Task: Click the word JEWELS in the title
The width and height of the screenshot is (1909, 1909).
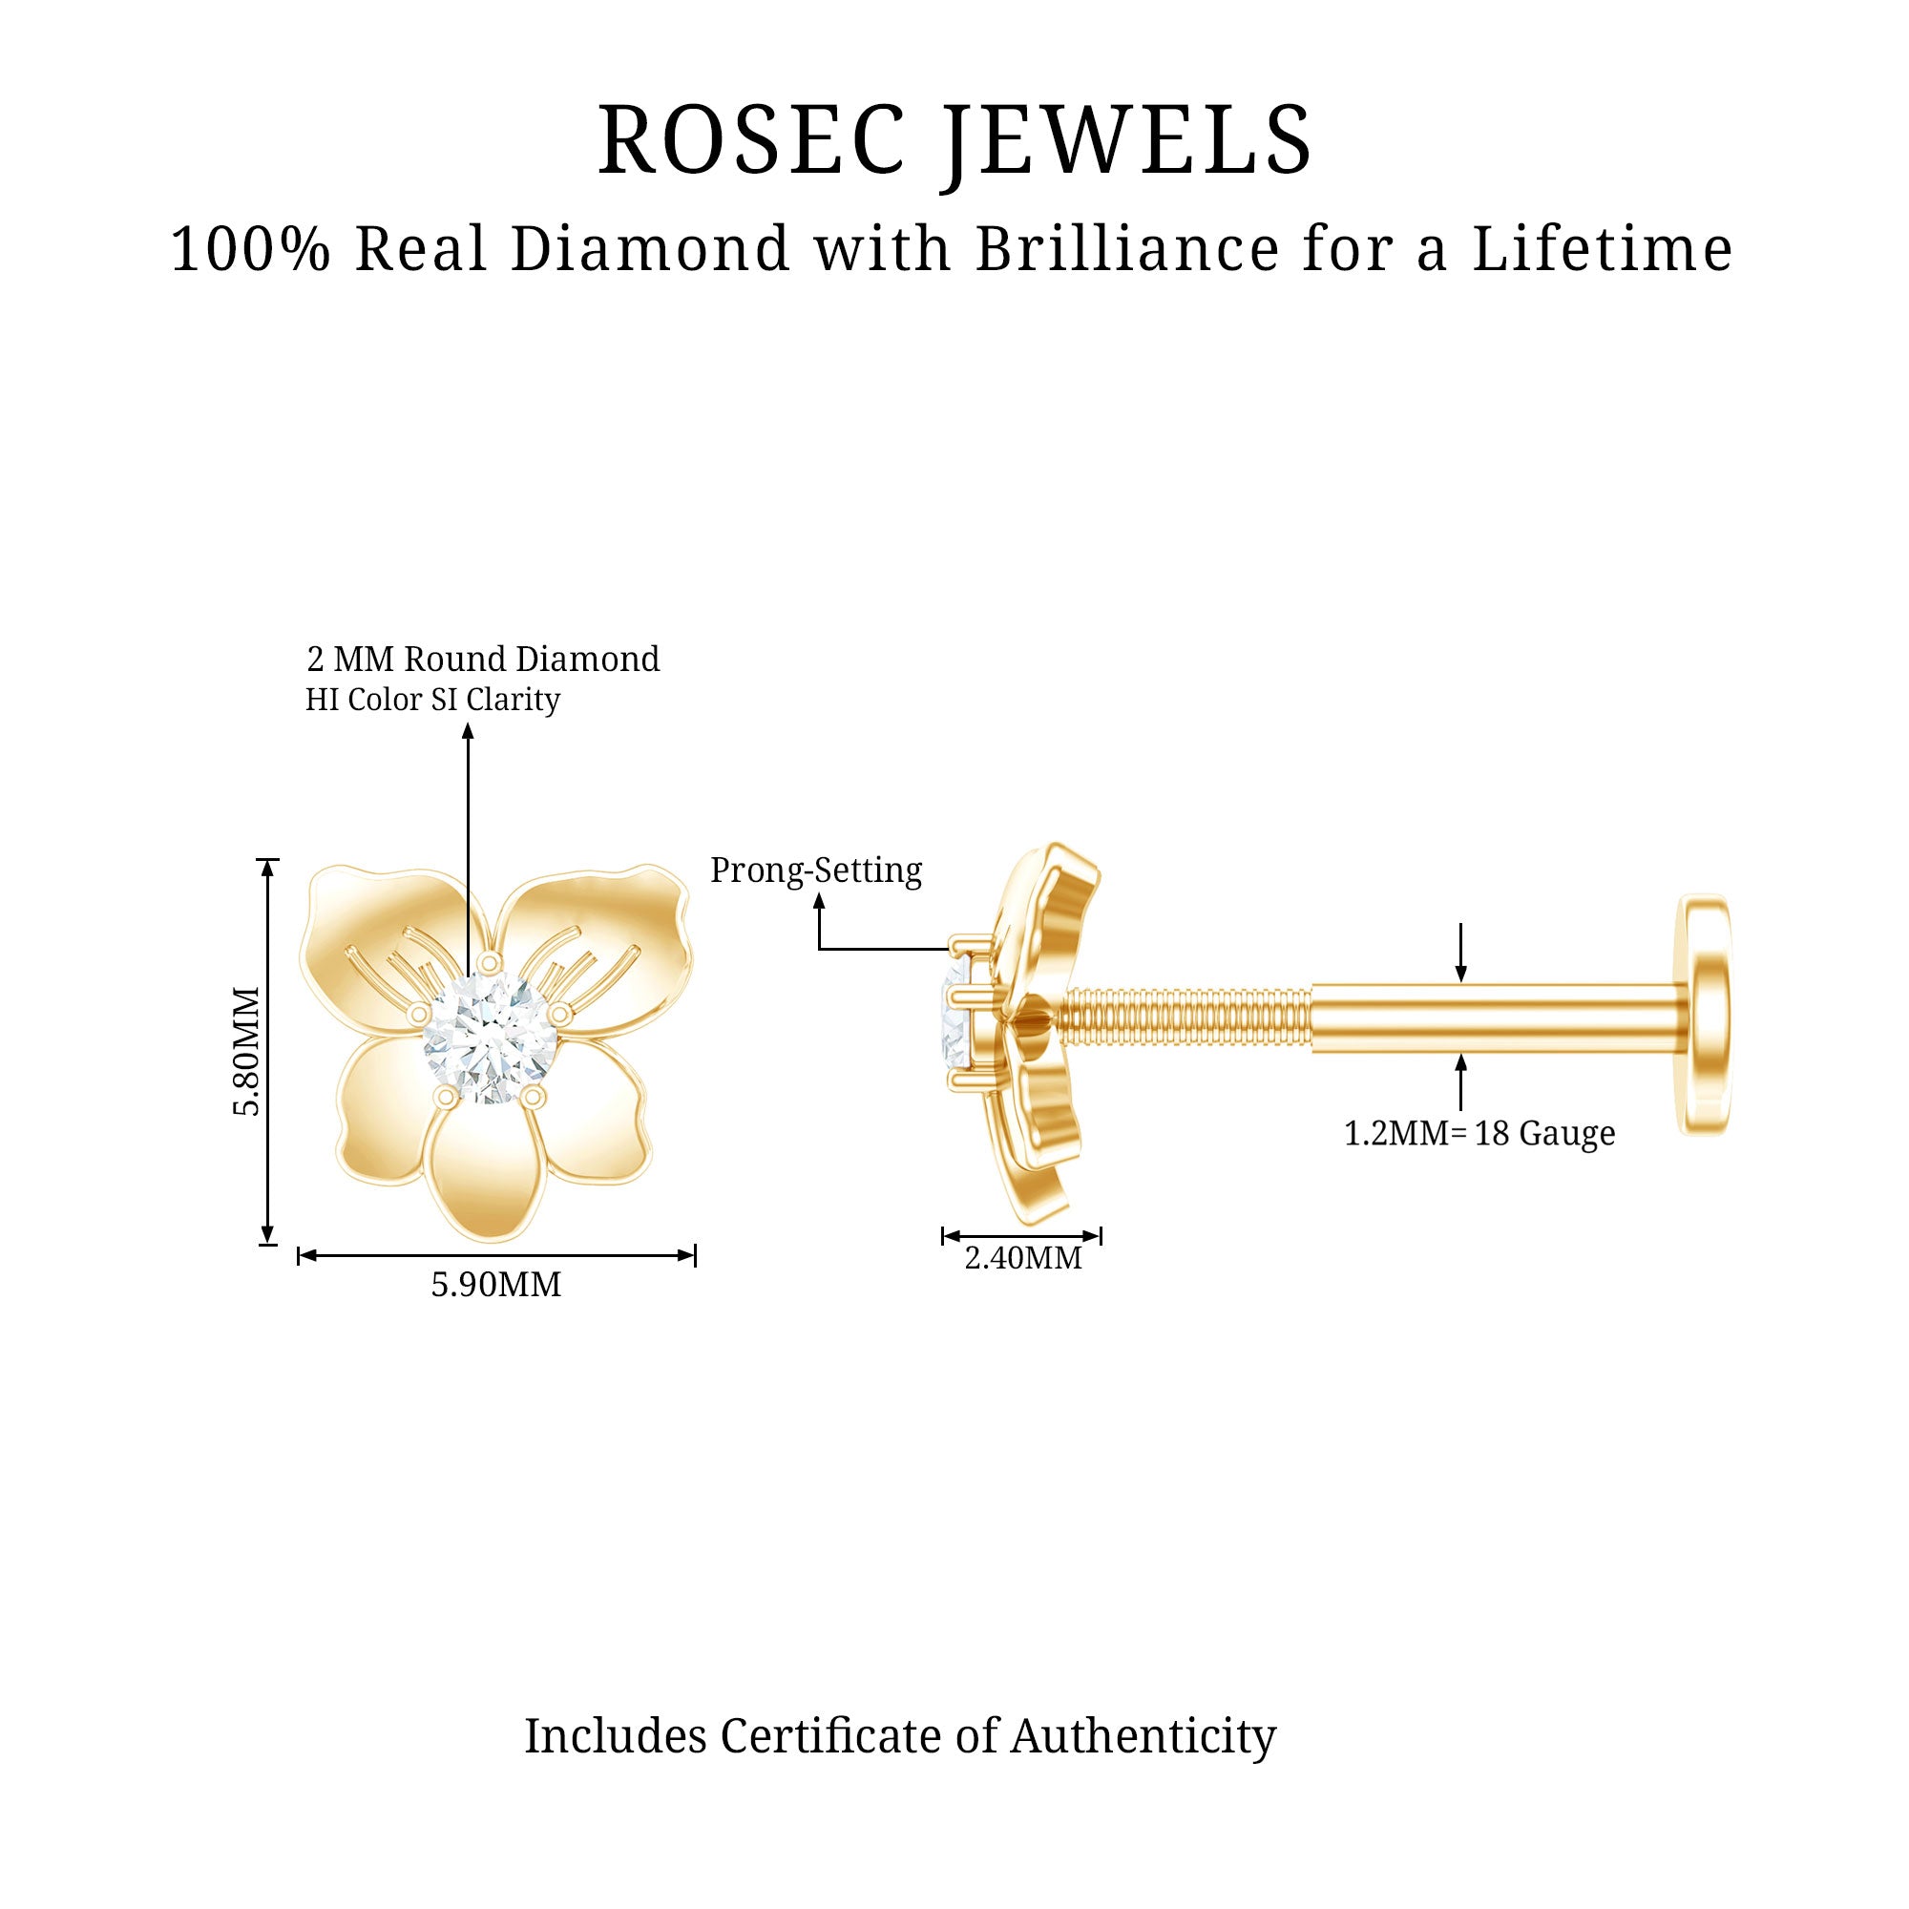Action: coord(1127,144)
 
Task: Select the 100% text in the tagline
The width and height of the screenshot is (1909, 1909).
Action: coord(251,249)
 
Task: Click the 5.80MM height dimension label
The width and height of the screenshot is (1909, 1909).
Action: coord(247,1050)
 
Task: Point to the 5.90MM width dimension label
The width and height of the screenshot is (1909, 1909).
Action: coord(496,1285)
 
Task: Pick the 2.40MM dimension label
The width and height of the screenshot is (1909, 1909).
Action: coord(1022,1258)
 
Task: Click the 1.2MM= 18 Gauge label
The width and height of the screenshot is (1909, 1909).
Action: coord(1479,1133)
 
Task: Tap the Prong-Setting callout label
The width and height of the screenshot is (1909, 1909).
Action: coord(816,871)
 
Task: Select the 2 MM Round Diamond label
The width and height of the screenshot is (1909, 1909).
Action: coord(483,659)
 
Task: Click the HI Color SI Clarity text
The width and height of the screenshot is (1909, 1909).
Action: coord(432,700)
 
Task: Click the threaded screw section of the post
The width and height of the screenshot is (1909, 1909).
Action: coord(1185,1018)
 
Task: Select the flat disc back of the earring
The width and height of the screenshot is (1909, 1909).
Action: coord(1704,1015)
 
